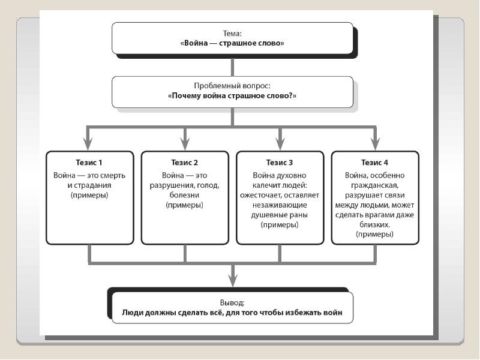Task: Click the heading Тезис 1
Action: (x=89, y=162)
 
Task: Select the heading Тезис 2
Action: (x=184, y=162)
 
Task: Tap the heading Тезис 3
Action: (x=280, y=162)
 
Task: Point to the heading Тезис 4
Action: (x=374, y=162)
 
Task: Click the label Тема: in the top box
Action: (x=232, y=34)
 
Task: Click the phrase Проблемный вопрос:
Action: (x=232, y=86)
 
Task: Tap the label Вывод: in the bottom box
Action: (x=232, y=303)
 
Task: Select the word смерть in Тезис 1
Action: (x=113, y=175)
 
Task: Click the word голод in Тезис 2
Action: (x=208, y=185)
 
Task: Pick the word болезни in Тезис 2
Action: (x=184, y=195)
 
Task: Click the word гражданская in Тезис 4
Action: (x=374, y=185)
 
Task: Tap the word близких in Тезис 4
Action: (x=374, y=224)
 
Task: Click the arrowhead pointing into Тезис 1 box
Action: (x=88, y=143)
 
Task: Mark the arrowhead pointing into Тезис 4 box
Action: (x=376, y=143)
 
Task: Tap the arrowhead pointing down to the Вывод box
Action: (x=233, y=280)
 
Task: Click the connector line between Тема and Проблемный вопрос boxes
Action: (x=232, y=67)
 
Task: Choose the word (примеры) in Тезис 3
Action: (x=280, y=224)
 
